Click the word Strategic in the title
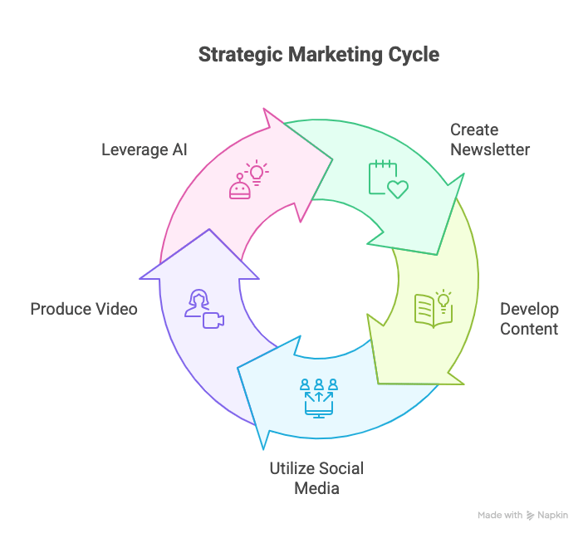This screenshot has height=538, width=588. coord(240,56)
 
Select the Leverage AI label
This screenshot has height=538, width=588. coord(145,150)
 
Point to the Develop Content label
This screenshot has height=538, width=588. coord(529,319)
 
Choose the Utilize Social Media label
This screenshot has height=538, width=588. coord(316,477)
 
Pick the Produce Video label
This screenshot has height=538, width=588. coord(84,309)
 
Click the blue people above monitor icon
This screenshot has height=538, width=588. coord(319,397)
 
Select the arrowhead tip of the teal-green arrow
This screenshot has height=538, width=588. coord(463,177)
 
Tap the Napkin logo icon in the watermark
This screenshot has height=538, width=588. coord(531,516)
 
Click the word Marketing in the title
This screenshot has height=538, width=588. coord(331,56)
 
